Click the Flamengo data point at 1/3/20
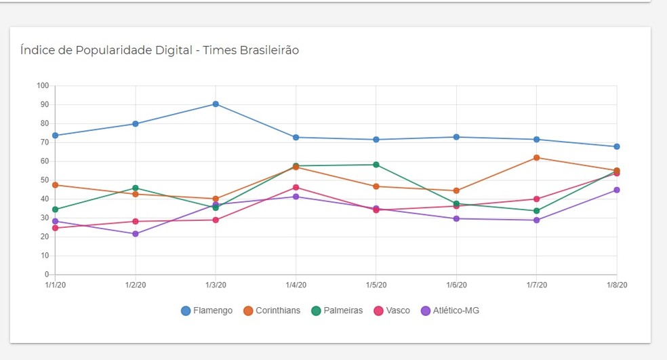[x=216, y=104]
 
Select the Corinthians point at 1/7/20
[x=536, y=157]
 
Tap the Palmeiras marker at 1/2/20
[x=136, y=188]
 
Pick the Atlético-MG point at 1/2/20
[x=136, y=234]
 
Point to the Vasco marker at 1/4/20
[x=296, y=187]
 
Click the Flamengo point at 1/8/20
[x=617, y=146]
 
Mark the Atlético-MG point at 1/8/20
[x=617, y=190]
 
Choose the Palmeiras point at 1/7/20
[x=536, y=211]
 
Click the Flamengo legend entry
[x=207, y=311]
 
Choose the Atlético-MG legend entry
[x=450, y=311]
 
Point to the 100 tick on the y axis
[x=43, y=85]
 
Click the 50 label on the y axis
[x=45, y=180]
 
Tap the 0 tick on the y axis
[x=47, y=275]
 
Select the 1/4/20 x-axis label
[x=296, y=285]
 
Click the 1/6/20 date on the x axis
[x=456, y=285]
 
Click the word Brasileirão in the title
[x=270, y=50]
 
